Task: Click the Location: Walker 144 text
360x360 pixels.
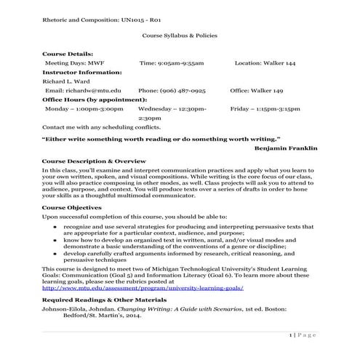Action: click(265, 63)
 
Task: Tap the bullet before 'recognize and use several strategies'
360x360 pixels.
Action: click(56, 227)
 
